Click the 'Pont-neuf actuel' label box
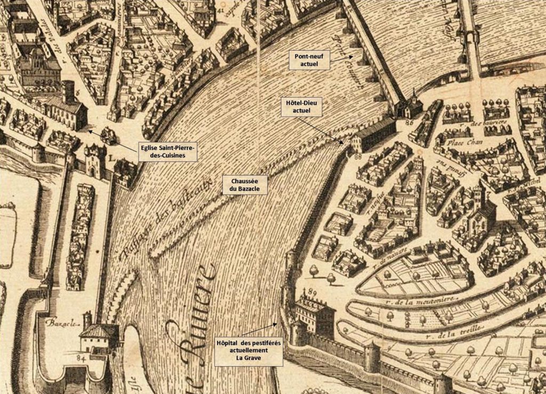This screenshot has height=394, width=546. [x=309, y=60]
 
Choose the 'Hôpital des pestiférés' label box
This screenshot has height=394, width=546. [x=248, y=350]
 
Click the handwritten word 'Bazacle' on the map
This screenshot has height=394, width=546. [x=59, y=323]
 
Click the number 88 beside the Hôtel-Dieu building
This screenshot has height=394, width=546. [x=357, y=156]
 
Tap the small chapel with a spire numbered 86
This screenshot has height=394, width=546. [x=413, y=104]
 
